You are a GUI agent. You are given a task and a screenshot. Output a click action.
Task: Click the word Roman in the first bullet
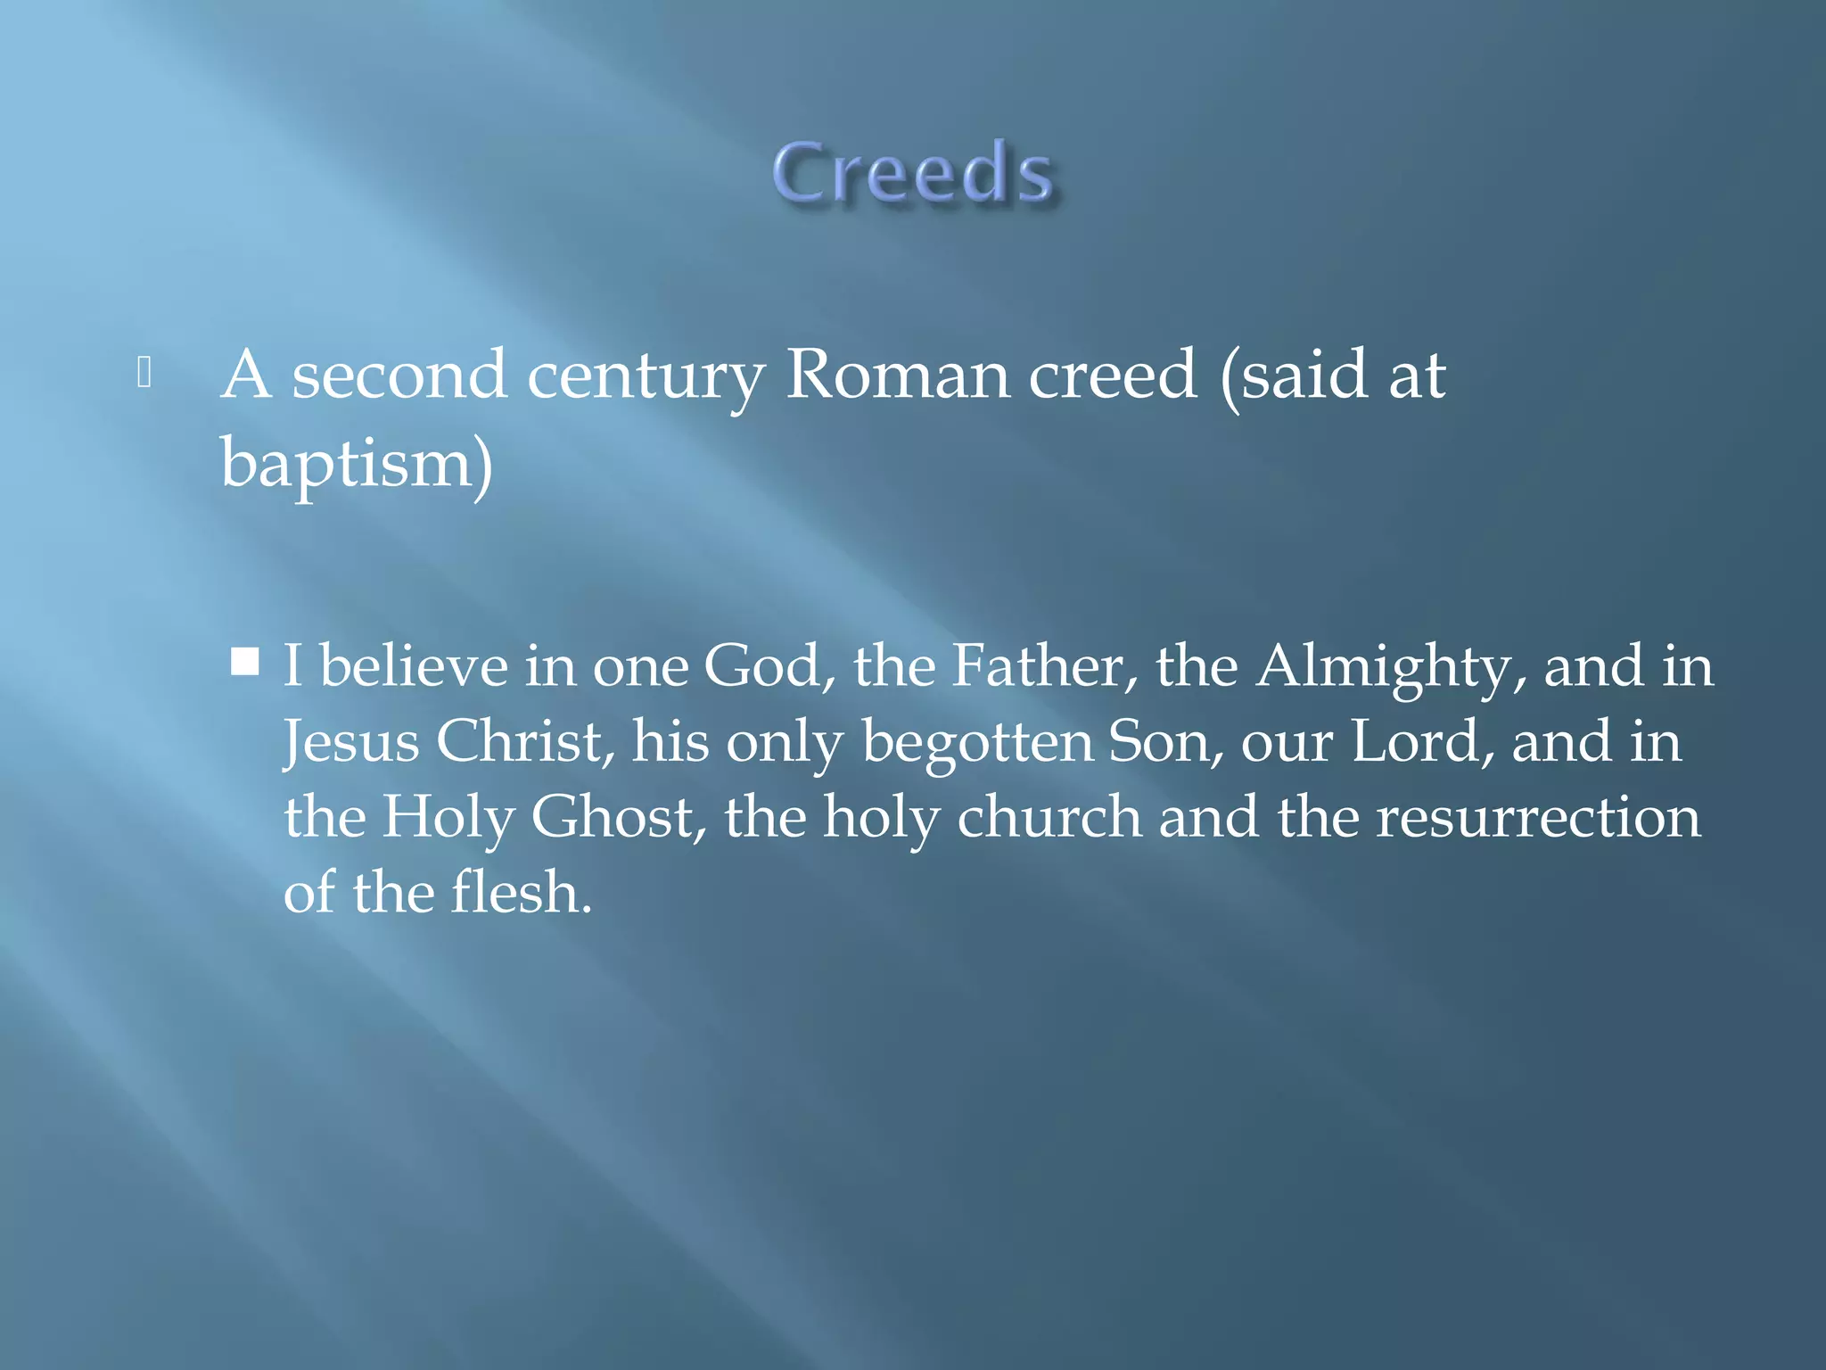point(901,375)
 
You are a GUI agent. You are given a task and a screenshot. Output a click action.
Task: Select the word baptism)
point(357,464)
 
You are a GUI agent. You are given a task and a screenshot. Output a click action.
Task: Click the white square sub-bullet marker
point(244,662)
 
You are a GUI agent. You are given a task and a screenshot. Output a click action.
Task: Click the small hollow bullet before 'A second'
point(144,373)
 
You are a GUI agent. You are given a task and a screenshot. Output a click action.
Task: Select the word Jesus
point(351,742)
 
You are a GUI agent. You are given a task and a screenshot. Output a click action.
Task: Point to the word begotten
point(977,743)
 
